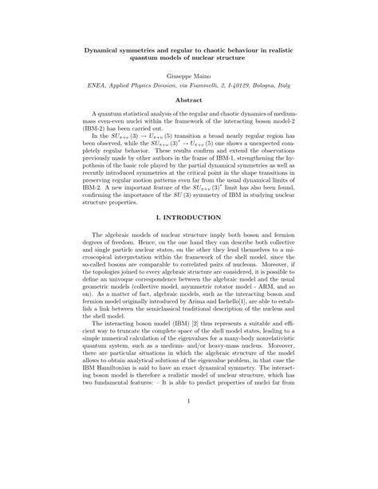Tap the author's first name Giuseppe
tap(171, 73)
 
